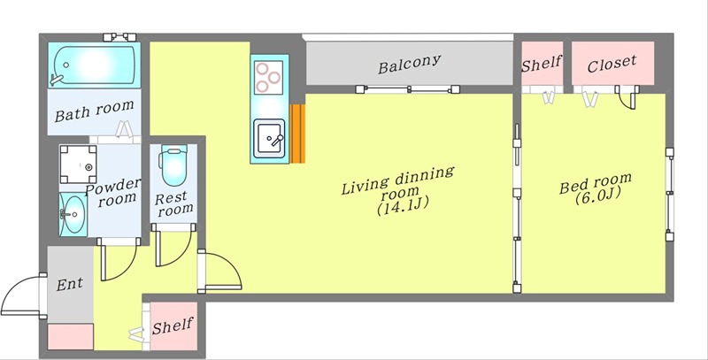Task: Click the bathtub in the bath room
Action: pos(94,65)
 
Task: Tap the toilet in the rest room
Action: pos(173,165)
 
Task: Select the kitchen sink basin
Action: pos(269,139)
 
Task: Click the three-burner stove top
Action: pos(268,78)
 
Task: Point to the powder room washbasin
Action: pos(73,214)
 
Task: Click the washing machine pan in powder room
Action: pos(78,165)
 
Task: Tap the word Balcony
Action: pos(409,64)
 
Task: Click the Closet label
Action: pos(612,64)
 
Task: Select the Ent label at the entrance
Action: pos(70,284)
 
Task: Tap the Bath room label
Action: pos(95,111)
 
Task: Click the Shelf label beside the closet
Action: pos(542,64)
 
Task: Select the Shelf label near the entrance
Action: pos(173,326)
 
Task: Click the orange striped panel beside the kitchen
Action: pos(297,134)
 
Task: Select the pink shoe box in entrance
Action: pos(71,336)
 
